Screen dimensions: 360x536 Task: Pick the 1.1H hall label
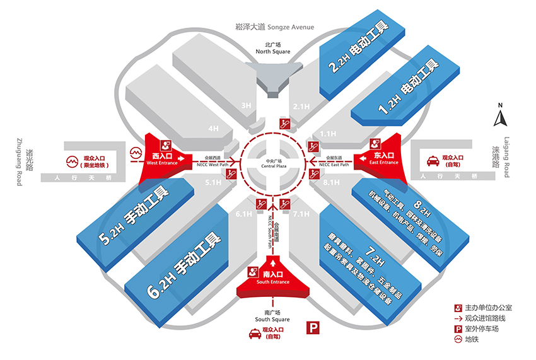(x=329, y=134)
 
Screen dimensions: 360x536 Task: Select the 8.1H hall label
(x=330, y=183)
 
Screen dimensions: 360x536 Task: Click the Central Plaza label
(x=274, y=163)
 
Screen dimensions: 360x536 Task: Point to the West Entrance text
(x=162, y=163)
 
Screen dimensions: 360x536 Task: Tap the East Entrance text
(x=384, y=163)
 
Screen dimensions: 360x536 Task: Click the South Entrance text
(x=273, y=282)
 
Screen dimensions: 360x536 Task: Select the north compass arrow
(x=500, y=117)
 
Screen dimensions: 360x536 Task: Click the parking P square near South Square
(x=312, y=327)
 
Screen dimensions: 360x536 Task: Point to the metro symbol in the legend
(x=458, y=341)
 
